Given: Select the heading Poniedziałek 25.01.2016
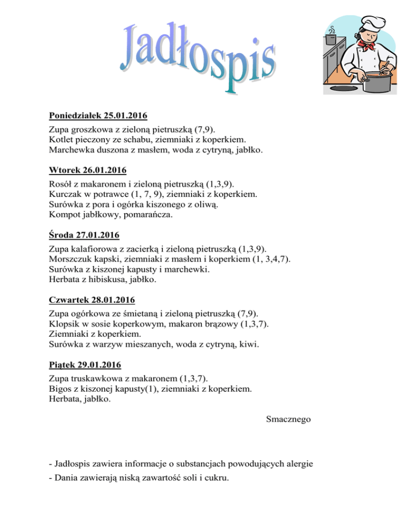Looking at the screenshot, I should point(98,115).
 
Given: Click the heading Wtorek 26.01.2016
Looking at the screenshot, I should point(87,171).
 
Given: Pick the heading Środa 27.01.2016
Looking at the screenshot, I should point(84,235).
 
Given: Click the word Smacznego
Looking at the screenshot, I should point(288,420).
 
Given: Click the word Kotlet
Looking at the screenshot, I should point(60,140).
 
